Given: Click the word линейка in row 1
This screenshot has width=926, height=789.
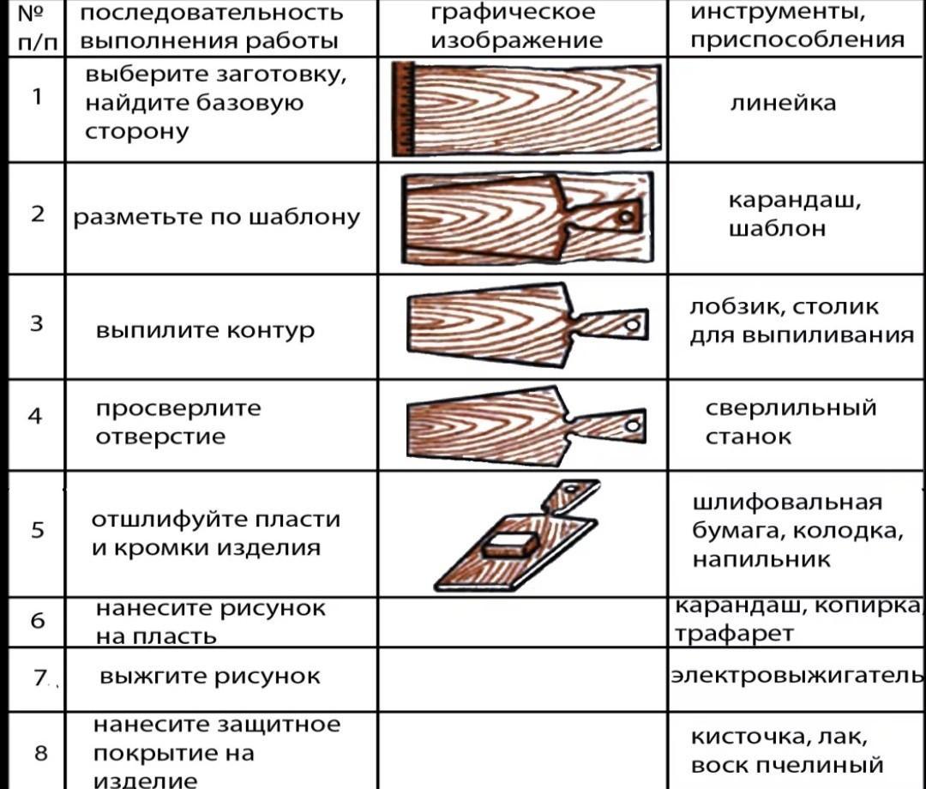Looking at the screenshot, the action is point(783,104).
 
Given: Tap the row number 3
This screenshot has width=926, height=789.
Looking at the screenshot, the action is point(37,323).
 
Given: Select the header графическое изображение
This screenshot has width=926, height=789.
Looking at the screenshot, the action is point(517,26).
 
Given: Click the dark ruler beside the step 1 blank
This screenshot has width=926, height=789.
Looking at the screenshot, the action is point(403,109).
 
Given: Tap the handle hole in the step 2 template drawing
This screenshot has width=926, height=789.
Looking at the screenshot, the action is point(626,217).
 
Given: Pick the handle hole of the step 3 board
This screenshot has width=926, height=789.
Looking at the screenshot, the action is point(633,325).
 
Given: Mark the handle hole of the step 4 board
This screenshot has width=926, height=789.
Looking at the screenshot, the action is point(633,425).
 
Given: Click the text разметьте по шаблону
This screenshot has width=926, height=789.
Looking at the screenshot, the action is point(216,217).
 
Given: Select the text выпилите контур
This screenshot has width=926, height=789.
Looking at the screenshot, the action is point(205,329).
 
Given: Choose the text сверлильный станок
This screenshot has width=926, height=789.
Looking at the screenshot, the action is point(791,422).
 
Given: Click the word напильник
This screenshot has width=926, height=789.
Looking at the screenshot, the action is point(761,558).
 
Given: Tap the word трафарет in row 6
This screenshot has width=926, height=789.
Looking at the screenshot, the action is point(734,634).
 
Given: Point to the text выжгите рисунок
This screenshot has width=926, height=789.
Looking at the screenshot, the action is point(210,676).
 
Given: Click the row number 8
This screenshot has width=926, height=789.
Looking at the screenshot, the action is point(41,752).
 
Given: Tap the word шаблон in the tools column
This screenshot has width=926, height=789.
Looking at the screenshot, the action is point(777,228).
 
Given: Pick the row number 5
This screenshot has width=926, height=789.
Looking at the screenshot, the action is point(37,529).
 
